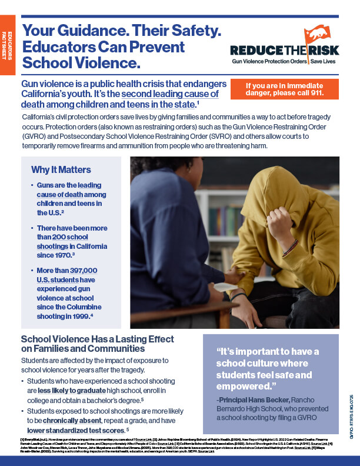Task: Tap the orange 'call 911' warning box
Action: coord(285,89)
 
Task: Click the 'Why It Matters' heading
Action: coord(61,170)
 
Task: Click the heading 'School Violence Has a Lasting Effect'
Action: coord(97,339)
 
